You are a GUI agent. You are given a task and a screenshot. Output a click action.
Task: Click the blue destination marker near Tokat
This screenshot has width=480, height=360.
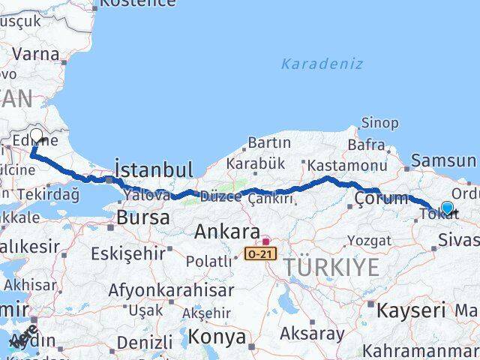pyautogui.click(x=448, y=208)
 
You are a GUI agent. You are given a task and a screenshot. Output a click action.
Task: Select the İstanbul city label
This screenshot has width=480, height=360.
pyautogui.click(x=154, y=169)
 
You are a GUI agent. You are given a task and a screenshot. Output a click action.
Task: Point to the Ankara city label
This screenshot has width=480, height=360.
pyautogui.click(x=227, y=232)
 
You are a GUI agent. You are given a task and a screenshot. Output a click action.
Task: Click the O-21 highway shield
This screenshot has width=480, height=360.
pyautogui.click(x=260, y=255)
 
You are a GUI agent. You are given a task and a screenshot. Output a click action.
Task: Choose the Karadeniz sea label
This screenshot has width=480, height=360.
pyautogui.click(x=322, y=64)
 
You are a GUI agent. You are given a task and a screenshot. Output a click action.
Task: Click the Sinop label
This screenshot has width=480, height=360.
pyautogui.click(x=379, y=122)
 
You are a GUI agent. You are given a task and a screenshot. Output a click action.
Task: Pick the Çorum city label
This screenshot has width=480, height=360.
pyautogui.click(x=382, y=199)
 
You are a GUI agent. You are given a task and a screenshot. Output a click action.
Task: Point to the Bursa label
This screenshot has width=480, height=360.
pyautogui.click(x=143, y=217)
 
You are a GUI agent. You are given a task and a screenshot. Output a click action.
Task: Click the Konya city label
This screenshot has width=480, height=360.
pyautogui.click(x=217, y=337)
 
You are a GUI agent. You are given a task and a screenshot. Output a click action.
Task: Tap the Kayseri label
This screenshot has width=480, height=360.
pyautogui.click(x=410, y=309)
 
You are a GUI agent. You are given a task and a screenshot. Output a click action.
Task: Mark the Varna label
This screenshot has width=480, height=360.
pyautogui.click(x=35, y=54)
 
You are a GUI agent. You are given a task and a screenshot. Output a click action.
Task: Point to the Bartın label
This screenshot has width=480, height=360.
pyautogui.click(x=269, y=142)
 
